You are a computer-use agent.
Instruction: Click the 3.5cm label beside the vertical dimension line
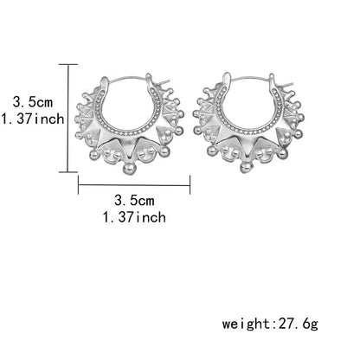[33, 102]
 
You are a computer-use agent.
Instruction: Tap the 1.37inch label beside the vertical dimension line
[33, 119]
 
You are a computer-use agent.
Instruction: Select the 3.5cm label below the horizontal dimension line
[134, 201]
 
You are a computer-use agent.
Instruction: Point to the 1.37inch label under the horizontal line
[134, 217]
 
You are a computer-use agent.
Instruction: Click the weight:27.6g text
[270, 324]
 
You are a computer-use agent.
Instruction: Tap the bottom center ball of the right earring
[247, 167]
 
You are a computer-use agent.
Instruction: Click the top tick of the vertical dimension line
[68, 65]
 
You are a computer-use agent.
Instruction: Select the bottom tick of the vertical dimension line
[68, 172]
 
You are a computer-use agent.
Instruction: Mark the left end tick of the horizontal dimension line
[79, 185]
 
